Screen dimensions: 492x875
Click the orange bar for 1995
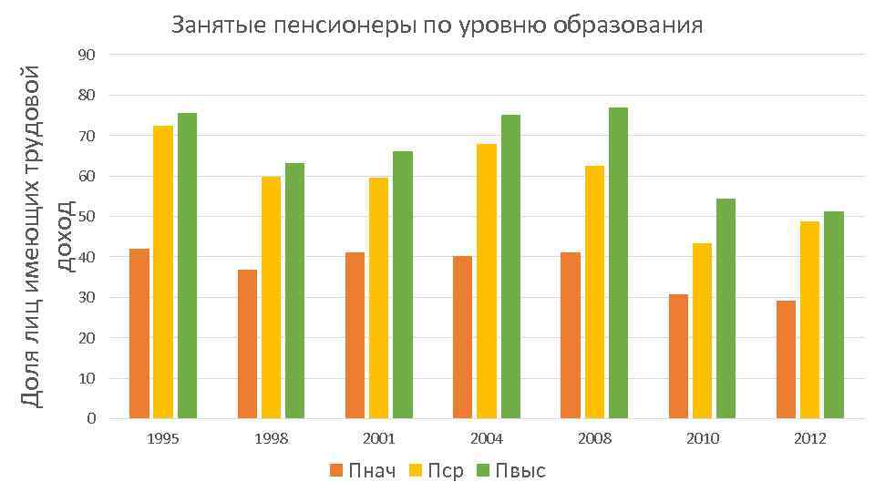pyautogui.click(x=139, y=333)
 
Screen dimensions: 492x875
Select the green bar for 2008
pyautogui.click(x=618, y=263)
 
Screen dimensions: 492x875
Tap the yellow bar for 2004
pyautogui.click(x=487, y=282)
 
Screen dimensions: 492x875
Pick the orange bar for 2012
pyautogui.click(x=786, y=360)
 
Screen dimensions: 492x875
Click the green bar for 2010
pyautogui.click(x=726, y=309)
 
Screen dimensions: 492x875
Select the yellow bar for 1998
pyautogui.click(x=271, y=298)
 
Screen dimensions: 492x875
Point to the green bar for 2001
pyautogui.click(x=403, y=285)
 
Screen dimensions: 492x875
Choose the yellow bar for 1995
pyautogui.click(x=163, y=272)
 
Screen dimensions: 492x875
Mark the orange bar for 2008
pyautogui.click(x=571, y=335)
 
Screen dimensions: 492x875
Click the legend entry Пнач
pyautogui.click(x=363, y=471)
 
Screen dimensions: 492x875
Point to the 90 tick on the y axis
pyautogui.click(x=87, y=55)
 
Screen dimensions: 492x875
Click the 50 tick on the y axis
pyautogui.click(x=87, y=217)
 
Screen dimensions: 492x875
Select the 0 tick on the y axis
pyautogui.click(x=92, y=419)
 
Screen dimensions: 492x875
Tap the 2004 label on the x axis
pyautogui.click(x=487, y=439)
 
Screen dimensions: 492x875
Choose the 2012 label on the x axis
pyautogui.click(x=809, y=439)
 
